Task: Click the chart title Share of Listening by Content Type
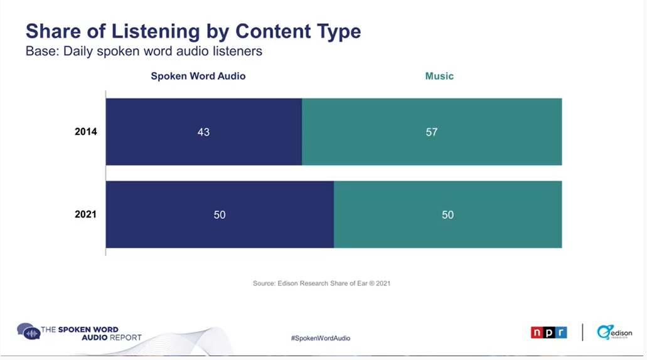(193, 31)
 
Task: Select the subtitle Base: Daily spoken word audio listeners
(144, 51)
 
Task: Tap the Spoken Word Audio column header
(198, 76)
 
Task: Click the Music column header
(439, 76)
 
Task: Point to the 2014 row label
(86, 132)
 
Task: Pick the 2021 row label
(86, 214)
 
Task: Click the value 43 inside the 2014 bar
(203, 132)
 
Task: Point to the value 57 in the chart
(432, 132)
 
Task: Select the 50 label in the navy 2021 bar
(220, 214)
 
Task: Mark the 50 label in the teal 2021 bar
(447, 214)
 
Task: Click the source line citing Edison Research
(322, 283)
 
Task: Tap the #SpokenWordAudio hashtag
(321, 338)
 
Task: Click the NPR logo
(548, 332)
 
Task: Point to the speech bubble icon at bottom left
(28, 331)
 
